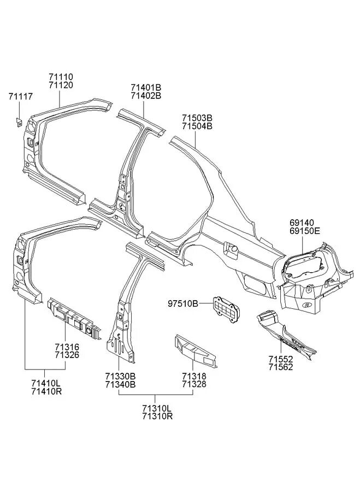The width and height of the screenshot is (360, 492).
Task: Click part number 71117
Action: pyautogui.click(x=21, y=96)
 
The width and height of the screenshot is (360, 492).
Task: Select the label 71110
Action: pyautogui.click(x=61, y=78)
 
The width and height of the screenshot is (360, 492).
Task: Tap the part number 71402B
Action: pyautogui.click(x=146, y=96)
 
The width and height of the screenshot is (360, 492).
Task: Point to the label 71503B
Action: pyautogui.click(x=197, y=118)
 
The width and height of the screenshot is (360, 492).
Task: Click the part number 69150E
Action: pyautogui.click(x=306, y=232)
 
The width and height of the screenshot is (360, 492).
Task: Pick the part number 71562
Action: pyautogui.click(x=281, y=367)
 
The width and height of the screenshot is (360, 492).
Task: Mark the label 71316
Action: pyautogui.click(x=67, y=347)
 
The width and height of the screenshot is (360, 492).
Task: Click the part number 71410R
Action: pyautogui.click(x=46, y=391)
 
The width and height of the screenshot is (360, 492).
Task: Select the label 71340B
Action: pyautogui.click(x=120, y=384)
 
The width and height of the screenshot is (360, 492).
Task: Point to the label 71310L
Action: pyautogui.click(x=157, y=408)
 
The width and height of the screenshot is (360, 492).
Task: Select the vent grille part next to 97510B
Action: pyautogui.click(x=225, y=310)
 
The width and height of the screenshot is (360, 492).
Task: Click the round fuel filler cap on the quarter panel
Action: pyautogui.click(x=233, y=249)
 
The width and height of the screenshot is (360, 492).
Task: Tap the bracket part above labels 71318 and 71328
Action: pyautogui.click(x=196, y=352)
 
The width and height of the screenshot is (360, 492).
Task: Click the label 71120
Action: pyautogui.click(x=61, y=85)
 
